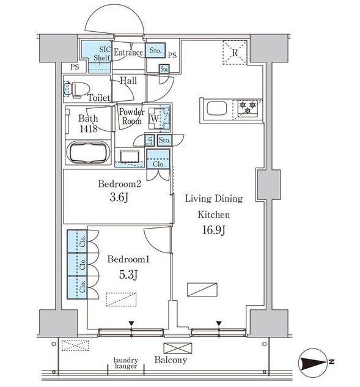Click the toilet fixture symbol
coord(77,89)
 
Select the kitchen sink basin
coord(217,109)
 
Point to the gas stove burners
coord(248,108)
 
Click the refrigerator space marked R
coord(235,53)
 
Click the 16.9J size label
coord(214,230)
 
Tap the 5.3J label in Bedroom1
coord(128,275)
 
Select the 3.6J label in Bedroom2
coord(119,197)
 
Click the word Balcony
coord(171,360)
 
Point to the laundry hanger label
coord(126,363)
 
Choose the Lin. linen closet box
coord(150,140)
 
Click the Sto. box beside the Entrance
coord(155,50)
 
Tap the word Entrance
coord(128,53)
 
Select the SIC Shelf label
coord(102,54)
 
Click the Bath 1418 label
coord(89,123)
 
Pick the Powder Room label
coord(132,117)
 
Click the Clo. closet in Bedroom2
coord(158,159)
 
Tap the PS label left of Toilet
coord(75,67)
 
